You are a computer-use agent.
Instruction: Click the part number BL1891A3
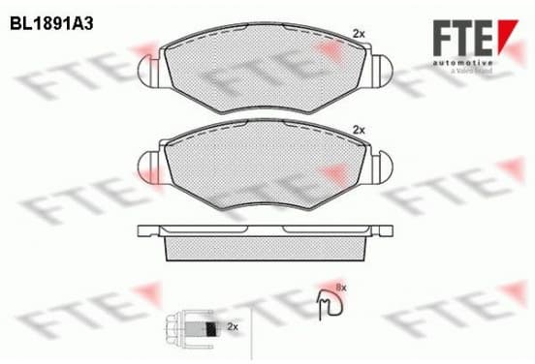(51, 24)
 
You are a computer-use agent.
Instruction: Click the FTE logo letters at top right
(462, 38)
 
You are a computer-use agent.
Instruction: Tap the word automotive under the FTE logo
(462, 63)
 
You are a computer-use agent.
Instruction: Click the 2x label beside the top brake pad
(359, 34)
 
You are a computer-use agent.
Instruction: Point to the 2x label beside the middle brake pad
(359, 130)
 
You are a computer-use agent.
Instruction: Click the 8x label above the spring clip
(341, 288)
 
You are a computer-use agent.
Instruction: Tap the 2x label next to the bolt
(233, 327)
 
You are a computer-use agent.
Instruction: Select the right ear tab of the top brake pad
(382, 71)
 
